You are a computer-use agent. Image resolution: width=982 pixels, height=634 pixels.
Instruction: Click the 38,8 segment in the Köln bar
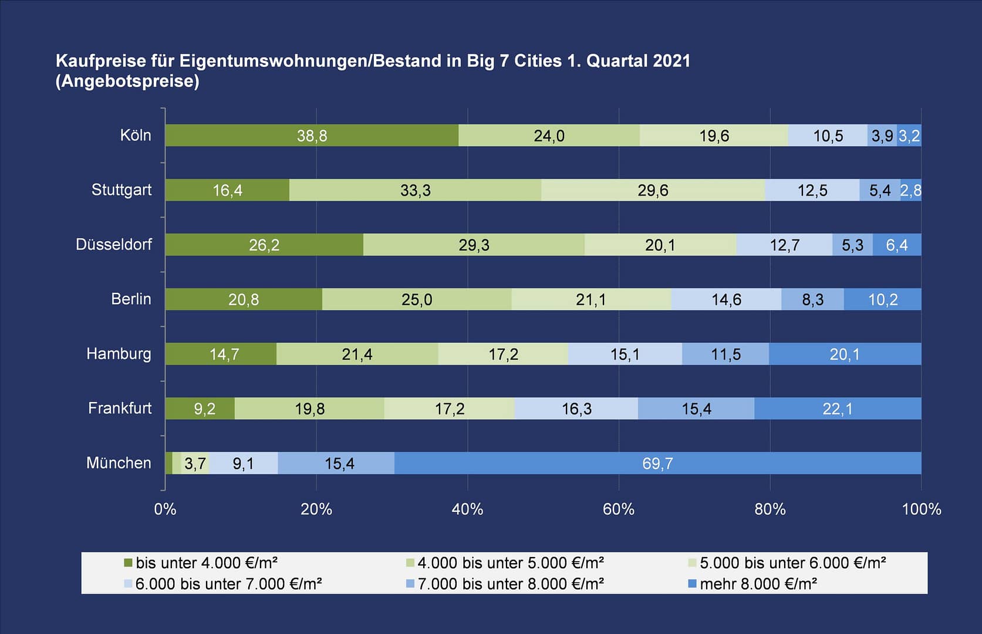[x=312, y=136]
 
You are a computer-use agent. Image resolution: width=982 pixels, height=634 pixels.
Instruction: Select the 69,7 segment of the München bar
[x=657, y=463]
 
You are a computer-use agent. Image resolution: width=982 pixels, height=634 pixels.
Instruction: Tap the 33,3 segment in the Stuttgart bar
[x=415, y=190]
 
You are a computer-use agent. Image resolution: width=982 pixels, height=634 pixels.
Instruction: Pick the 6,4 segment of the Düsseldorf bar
[x=896, y=245]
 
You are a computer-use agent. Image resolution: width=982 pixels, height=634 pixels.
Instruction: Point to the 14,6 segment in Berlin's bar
[x=726, y=299]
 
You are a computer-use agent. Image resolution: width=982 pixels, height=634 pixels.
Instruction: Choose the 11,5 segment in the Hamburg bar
[x=725, y=354]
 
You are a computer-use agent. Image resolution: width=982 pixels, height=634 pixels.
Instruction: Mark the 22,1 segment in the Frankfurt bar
[x=838, y=409]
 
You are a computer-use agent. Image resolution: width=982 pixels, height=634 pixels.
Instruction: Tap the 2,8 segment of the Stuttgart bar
[x=911, y=190]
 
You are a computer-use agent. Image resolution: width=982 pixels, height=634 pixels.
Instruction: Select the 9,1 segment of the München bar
[x=243, y=463]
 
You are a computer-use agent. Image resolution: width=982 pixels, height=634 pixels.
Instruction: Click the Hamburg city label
[x=119, y=353]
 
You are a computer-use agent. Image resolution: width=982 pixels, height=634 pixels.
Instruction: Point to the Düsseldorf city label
[x=114, y=244]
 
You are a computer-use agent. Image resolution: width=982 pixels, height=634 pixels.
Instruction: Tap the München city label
[x=119, y=463]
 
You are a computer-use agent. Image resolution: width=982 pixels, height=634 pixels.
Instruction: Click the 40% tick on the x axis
[x=467, y=509]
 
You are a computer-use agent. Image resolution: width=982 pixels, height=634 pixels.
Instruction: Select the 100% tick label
[x=921, y=509]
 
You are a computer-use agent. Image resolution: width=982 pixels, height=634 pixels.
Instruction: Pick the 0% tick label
[x=165, y=509]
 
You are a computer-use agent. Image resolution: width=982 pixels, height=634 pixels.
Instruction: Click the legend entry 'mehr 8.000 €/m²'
[x=758, y=584]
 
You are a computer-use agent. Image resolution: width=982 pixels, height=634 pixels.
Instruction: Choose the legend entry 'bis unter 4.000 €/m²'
[x=206, y=563]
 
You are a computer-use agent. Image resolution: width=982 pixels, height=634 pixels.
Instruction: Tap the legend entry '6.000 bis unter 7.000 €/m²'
[x=228, y=584]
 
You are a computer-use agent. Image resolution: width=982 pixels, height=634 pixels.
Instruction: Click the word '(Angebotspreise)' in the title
[x=127, y=81]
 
